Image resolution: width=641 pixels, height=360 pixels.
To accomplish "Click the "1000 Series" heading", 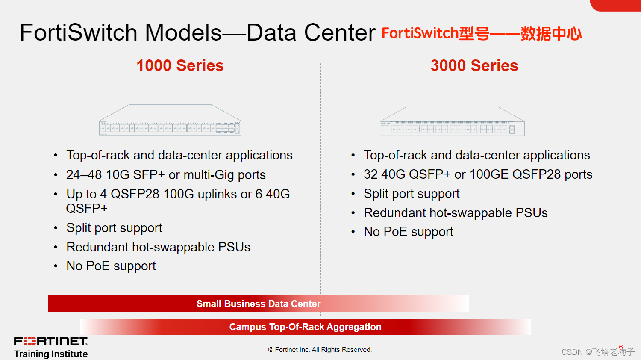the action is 180,65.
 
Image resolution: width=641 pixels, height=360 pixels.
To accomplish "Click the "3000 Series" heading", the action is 474,65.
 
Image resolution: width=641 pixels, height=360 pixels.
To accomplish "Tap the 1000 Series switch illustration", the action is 170,120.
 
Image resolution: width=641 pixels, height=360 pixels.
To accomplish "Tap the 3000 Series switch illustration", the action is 452,121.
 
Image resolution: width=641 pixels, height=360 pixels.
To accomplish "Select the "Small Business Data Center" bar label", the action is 259,304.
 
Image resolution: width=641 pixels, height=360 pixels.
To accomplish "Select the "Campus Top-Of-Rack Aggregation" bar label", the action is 306,327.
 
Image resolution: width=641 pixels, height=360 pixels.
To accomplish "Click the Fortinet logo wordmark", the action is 51,341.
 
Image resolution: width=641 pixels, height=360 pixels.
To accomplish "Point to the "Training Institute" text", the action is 51,354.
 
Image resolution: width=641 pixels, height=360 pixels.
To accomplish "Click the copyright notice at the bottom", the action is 320,350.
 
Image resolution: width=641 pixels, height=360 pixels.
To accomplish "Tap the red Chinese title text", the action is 482,33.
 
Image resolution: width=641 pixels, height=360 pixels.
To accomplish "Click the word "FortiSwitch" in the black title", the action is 78,32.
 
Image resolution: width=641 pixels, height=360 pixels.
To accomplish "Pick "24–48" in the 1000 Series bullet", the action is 84,175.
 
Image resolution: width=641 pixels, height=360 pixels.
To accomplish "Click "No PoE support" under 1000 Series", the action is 111,266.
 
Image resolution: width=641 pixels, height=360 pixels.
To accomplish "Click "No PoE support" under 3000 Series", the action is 409,232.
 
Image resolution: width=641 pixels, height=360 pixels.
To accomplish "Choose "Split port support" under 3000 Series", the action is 412,194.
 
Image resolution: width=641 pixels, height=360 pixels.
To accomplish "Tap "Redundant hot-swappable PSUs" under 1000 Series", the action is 158,247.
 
